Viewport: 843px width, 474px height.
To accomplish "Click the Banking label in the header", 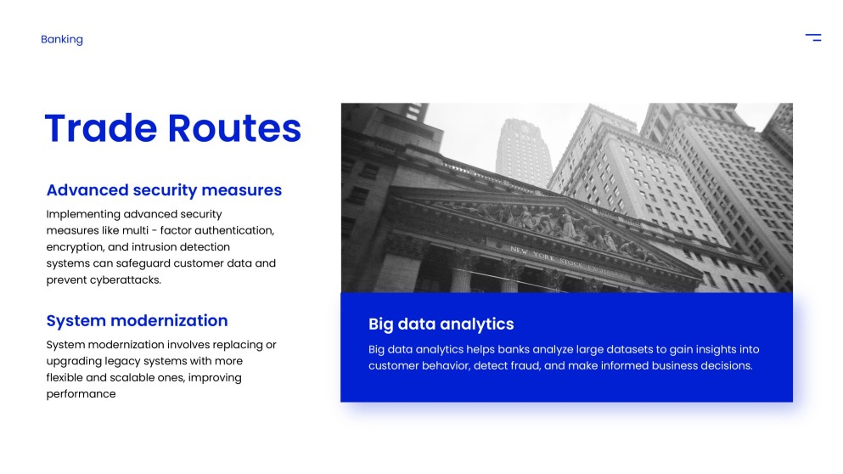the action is point(62,40).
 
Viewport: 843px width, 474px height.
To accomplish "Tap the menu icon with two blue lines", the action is point(813,37).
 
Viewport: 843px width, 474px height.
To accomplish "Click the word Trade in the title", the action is point(101,128).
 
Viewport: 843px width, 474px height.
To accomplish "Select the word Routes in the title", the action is point(234,128).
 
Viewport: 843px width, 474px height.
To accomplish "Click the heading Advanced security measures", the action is point(164,190).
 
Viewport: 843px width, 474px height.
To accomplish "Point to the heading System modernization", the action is point(137,320).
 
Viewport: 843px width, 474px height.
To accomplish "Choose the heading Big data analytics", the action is point(441,324).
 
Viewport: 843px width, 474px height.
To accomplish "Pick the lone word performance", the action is point(81,394).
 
